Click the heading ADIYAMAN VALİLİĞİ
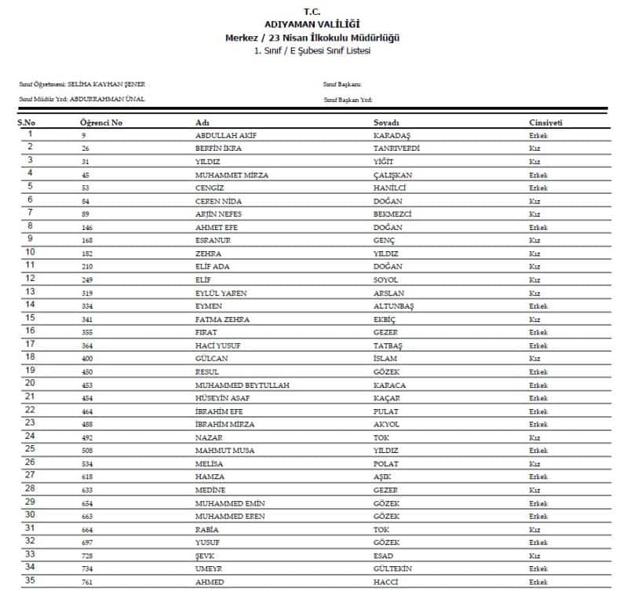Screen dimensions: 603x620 310,25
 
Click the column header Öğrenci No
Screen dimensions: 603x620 101,123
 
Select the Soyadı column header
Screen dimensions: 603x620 386,123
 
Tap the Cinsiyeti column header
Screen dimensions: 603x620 545,123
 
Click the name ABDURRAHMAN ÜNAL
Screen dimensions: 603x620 108,99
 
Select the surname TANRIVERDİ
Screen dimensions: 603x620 396,148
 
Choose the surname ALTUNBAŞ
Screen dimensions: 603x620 395,305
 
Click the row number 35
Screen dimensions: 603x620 31,581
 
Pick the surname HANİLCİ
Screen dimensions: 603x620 390,188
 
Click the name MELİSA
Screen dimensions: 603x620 210,464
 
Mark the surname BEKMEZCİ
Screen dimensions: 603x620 393,214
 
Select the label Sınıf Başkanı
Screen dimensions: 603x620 342,84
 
